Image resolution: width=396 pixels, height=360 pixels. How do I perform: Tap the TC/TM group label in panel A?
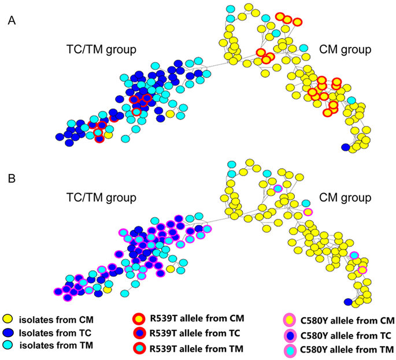(x=101, y=49)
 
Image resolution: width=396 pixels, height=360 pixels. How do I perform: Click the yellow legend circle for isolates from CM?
(x=9, y=319)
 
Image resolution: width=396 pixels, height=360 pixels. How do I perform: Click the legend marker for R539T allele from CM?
(x=138, y=319)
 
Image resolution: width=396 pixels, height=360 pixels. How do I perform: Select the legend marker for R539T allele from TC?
(x=138, y=333)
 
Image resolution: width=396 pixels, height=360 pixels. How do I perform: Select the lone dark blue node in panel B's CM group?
(x=347, y=302)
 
